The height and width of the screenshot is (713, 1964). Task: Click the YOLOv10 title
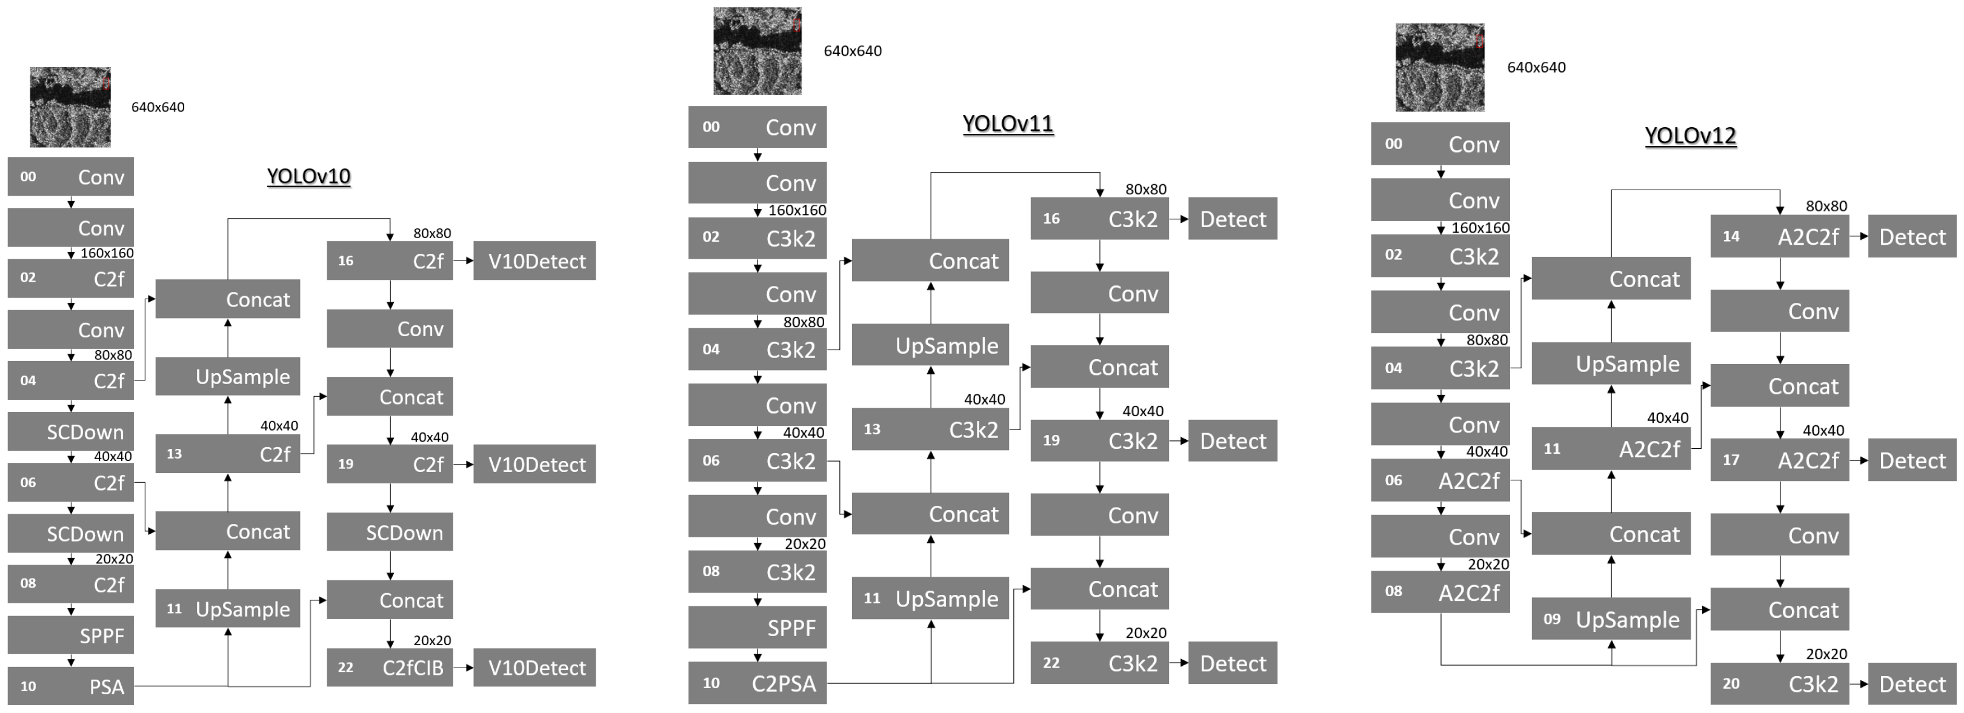pyautogui.click(x=309, y=176)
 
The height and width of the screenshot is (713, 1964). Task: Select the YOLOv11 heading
pyautogui.click(x=1007, y=124)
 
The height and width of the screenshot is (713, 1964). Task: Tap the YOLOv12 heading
pyautogui.click(x=1689, y=136)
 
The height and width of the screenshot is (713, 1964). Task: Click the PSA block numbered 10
pyautogui.click(x=71, y=686)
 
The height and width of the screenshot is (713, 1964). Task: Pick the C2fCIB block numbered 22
pyautogui.click(x=390, y=667)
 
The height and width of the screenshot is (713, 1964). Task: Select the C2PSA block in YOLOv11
pyautogui.click(x=757, y=683)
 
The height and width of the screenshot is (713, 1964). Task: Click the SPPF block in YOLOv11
pyautogui.click(x=757, y=627)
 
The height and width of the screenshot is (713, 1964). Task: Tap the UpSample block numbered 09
pyautogui.click(x=1610, y=618)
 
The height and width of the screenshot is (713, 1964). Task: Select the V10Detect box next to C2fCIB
pyautogui.click(x=534, y=667)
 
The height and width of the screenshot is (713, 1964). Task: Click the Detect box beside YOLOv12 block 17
pyautogui.click(x=1911, y=460)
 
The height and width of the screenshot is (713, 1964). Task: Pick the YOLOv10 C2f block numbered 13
pyautogui.click(x=227, y=454)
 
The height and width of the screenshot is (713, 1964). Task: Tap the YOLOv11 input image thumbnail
pyautogui.click(x=757, y=51)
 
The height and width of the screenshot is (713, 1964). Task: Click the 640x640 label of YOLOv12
pyautogui.click(x=1536, y=67)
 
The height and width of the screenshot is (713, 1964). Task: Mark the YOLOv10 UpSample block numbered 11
pyautogui.click(x=227, y=609)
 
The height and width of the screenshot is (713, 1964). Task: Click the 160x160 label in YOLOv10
pyautogui.click(x=107, y=253)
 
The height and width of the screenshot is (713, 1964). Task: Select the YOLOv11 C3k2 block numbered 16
pyautogui.click(x=1099, y=219)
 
